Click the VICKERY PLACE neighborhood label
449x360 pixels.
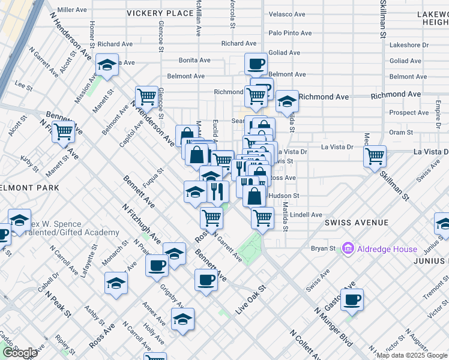pyautogui.click(x=159, y=13)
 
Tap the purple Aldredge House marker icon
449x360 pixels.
pyautogui.click(x=347, y=248)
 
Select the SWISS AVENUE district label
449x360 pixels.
pyautogui.click(x=357, y=223)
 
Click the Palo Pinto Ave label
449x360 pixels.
pyautogui.click(x=291, y=33)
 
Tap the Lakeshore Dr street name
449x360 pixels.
pyautogui.click(x=409, y=45)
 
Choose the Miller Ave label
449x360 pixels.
pyautogui.click(x=72, y=10)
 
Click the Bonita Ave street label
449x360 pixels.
pyautogui.click(x=194, y=61)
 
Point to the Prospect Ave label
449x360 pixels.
pyautogui.click(x=408, y=113)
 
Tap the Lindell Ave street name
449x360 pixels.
pyautogui.click(x=306, y=215)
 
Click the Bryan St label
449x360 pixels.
pyautogui.click(x=323, y=248)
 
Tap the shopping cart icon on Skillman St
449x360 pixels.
pyautogui.click(x=375, y=157)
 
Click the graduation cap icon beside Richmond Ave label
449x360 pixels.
pyautogui.click(x=288, y=101)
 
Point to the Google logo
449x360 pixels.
pyautogui.click(x=20, y=353)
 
